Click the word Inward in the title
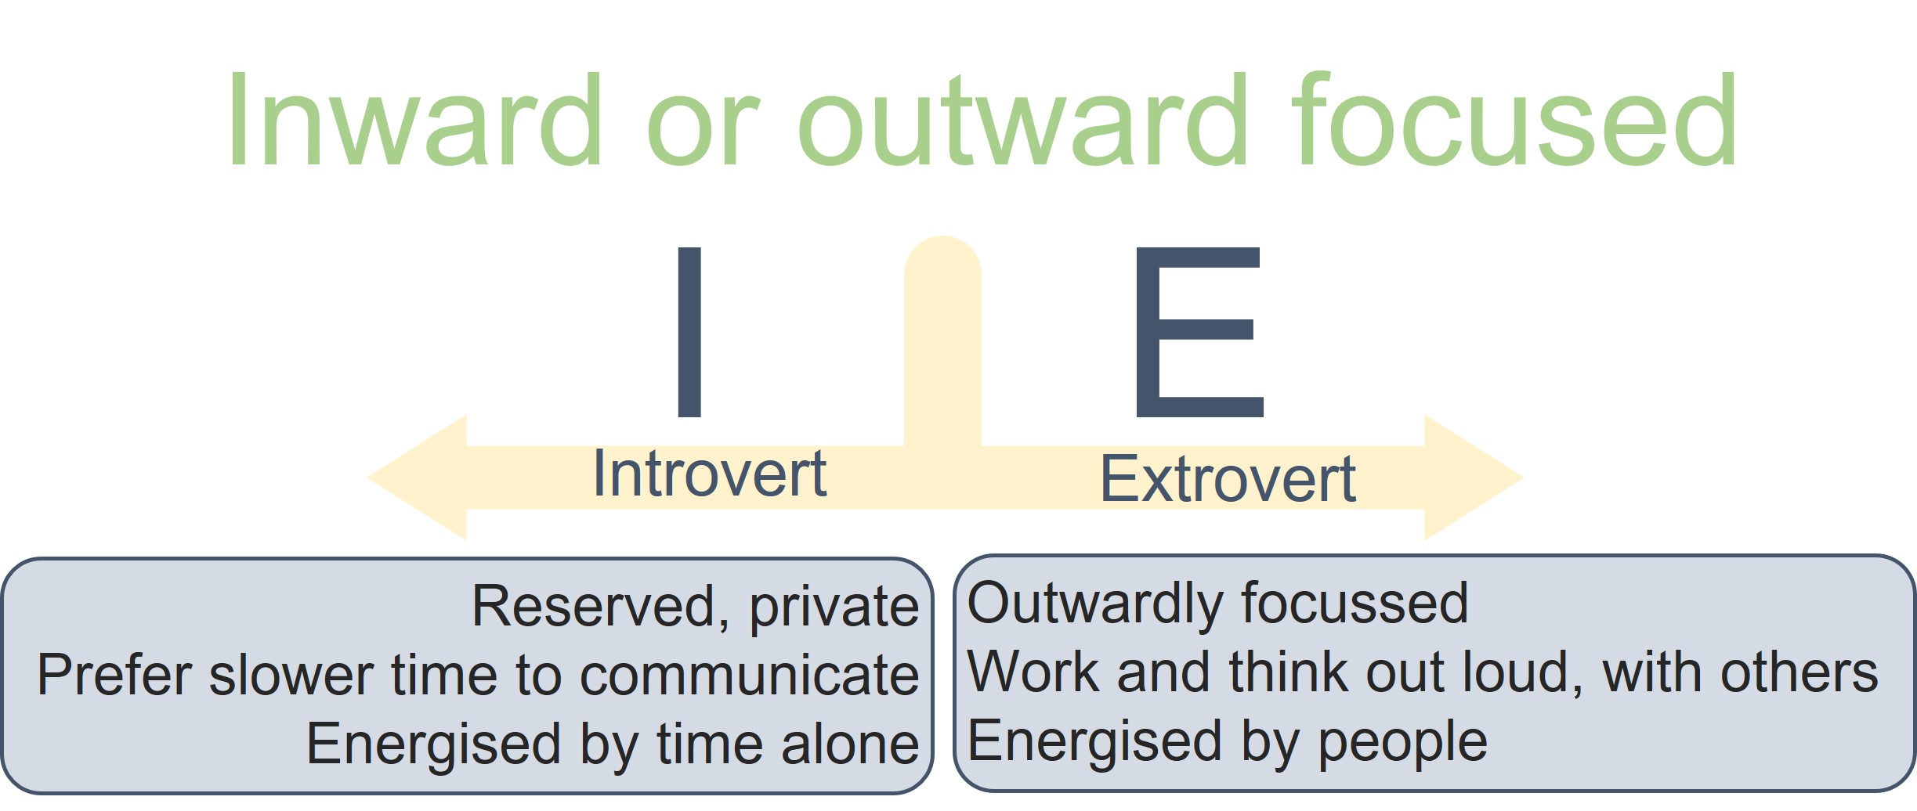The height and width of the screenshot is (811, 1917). click(414, 119)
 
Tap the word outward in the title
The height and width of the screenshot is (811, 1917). click(1022, 119)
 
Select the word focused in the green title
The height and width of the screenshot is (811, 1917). click(1515, 119)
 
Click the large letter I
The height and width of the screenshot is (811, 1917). click(689, 332)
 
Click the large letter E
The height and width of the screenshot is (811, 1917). click(1199, 332)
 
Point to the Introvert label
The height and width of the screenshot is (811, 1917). click(710, 474)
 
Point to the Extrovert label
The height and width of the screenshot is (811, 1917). click(1228, 479)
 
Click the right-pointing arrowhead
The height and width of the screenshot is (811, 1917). click(1473, 478)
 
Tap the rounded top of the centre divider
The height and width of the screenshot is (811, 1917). click(942, 258)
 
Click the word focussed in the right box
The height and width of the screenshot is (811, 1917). click(1355, 603)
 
